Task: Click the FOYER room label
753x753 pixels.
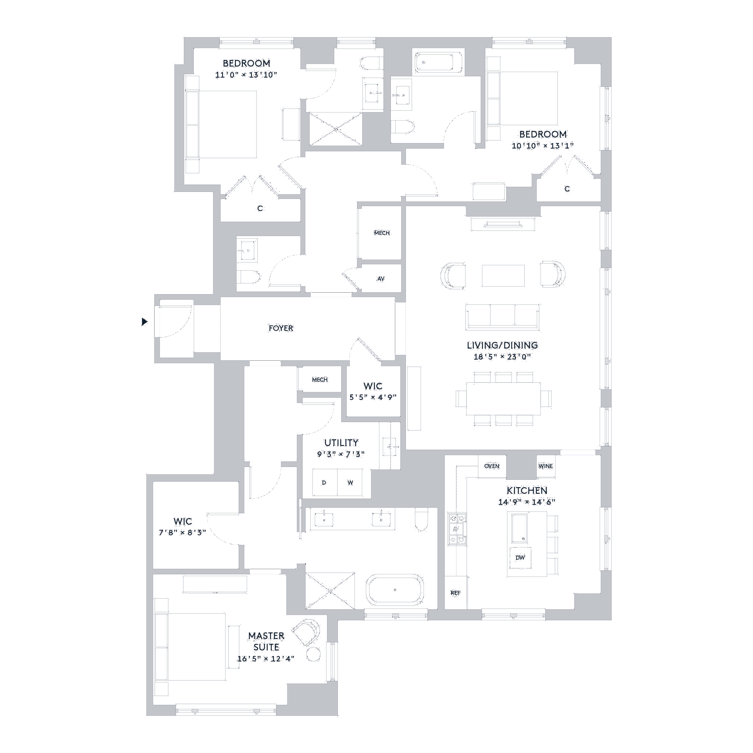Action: coord(281,328)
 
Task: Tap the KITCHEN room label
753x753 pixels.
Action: coord(526,490)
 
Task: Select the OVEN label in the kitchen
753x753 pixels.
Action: coord(492,466)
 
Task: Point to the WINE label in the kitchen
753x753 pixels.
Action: coord(546,466)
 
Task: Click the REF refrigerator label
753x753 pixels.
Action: coord(456,593)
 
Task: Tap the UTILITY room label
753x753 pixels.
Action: coord(340,443)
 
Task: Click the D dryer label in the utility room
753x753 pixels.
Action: coord(324,482)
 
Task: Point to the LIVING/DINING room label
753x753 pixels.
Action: coord(503,346)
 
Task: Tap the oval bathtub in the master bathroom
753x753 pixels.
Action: coord(395,590)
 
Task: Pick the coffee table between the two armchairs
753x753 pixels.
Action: coord(503,276)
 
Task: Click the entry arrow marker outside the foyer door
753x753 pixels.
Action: coord(145,322)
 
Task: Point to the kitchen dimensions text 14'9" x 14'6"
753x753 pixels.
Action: coord(526,502)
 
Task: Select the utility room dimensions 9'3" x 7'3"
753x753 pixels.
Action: coord(340,454)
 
